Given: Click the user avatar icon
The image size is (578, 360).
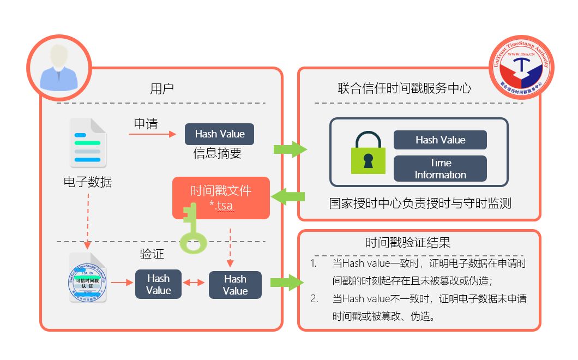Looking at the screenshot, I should [x=59, y=67].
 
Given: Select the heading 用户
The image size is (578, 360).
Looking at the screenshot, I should [x=162, y=88].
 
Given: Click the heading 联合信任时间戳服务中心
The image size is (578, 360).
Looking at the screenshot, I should [x=404, y=88].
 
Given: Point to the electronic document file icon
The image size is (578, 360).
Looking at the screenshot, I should [x=88, y=143].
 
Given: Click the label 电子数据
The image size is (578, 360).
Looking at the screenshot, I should [x=88, y=182].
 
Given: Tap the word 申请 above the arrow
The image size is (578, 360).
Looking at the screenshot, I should [x=146, y=124].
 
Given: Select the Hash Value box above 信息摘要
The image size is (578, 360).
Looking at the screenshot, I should [x=219, y=134].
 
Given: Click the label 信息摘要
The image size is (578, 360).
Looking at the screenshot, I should [x=217, y=154].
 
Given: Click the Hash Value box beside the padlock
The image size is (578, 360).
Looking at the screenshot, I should [x=440, y=140].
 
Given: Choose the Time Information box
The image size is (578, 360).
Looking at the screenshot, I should [x=440, y=169].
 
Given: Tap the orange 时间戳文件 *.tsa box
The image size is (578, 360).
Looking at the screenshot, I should [x=221, y=197].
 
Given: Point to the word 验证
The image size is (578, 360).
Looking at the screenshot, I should [x=152, y=255].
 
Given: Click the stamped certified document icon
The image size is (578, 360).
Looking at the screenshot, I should [x=88, y=278].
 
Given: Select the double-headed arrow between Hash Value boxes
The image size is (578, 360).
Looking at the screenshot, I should [x=194, y=283].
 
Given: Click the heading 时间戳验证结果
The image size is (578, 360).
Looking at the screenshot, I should [x=408, y=243].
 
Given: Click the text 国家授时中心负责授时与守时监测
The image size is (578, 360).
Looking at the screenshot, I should [x=420, y=204].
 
